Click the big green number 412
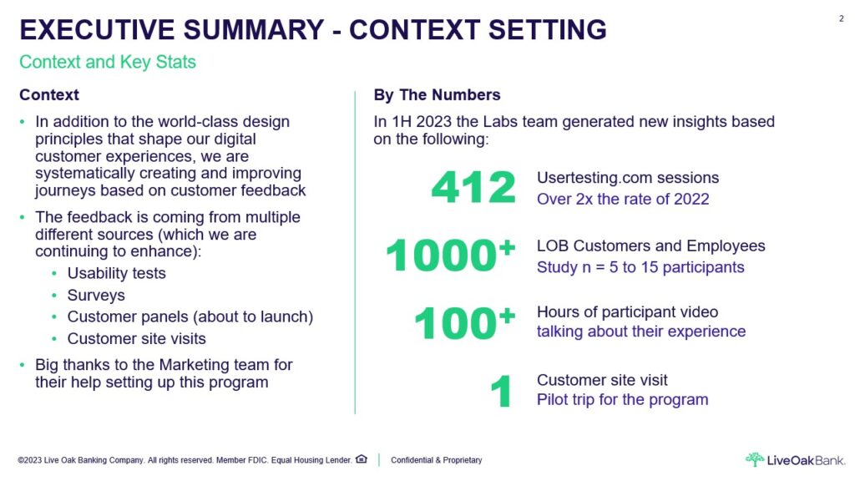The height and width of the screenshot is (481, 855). click(x=473, y=187)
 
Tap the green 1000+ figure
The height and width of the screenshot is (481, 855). click(x=450, y=254)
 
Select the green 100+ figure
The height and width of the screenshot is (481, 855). click(x=464, y=322)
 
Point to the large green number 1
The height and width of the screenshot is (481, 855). click(x=501, y=391)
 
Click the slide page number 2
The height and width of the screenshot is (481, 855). click(x=842, y=18)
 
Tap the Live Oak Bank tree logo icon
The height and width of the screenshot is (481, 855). click(x=755, y=459)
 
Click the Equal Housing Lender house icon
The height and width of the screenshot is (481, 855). click(x=362, y=459)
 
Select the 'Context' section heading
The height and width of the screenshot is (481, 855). click(x=49, y=95)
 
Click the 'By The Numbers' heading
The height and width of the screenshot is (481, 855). click(x=437, y=95)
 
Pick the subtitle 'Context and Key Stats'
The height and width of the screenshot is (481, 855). click(x=108, y=62)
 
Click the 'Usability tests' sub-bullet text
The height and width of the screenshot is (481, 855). click(x=116, y=273)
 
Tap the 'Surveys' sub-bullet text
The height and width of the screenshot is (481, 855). click(x=96, y=295)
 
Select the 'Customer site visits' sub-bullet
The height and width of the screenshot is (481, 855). click(x=136, y=339)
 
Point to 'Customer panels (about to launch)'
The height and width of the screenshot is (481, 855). click(x=190, y=316)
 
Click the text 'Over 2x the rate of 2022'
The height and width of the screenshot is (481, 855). click(x=623, y=199)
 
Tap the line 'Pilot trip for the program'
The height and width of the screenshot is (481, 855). click(x=622, y=400)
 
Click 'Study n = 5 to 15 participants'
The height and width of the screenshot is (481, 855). click(x=640, y=267)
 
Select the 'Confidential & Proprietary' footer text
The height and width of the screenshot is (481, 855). click(x=436, y=460)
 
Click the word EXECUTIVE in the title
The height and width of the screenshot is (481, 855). click(x=97, y=29)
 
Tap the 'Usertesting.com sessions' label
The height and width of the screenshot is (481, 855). click(x=628, y=178)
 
